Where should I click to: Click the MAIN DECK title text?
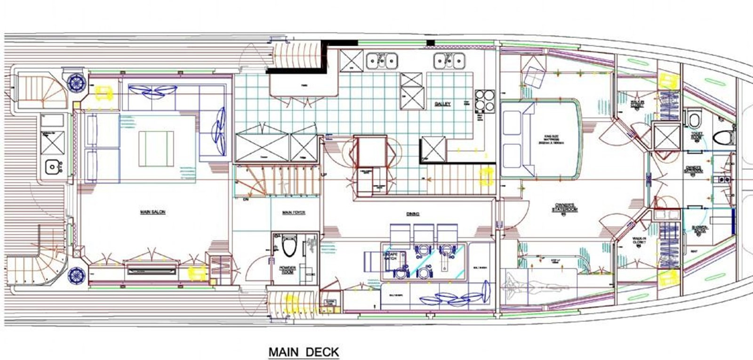tap(304, 352)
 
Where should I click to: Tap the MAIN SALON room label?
tap(152, 212)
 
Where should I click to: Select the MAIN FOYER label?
tap(293, 213)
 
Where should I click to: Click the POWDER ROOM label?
tap(288, 270)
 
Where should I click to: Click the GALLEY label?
tap(442, 104)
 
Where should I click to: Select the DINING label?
tap(413, 214)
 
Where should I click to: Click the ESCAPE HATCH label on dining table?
tap(390, 256)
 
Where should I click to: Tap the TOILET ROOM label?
tap(697, 136)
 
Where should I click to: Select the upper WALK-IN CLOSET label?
tap(637, 104)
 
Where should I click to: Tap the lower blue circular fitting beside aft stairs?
tap(75, 275)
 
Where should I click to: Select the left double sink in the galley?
tap(382, 60)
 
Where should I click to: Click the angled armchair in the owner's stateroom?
tap(534, 77)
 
